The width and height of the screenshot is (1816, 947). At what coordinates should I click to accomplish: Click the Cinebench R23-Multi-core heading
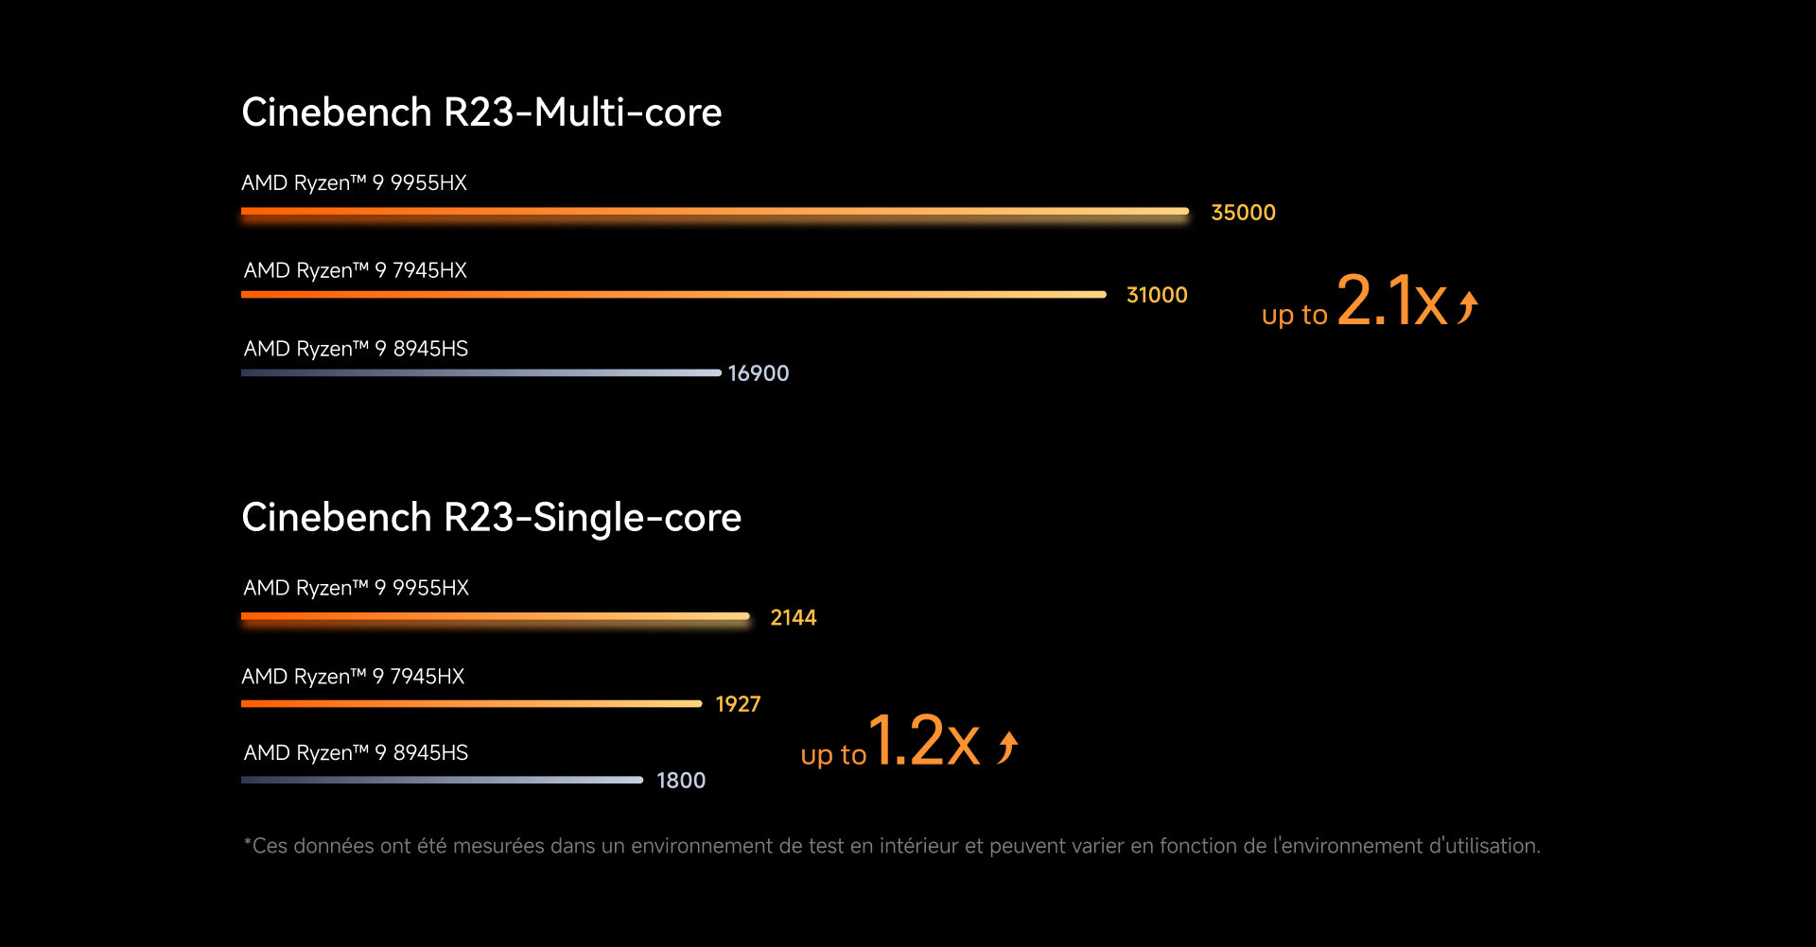tap(481, 112)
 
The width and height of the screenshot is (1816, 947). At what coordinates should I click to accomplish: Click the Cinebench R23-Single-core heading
tap(491, 518)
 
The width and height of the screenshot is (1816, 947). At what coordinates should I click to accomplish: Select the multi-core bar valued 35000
tap(714, 212)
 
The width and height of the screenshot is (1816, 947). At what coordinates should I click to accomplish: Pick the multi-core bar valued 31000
tap(673, 295)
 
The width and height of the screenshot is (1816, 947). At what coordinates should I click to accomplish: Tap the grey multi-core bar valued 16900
tap(480, 373)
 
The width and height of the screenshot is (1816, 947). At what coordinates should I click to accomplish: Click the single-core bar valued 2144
tap(496, 617)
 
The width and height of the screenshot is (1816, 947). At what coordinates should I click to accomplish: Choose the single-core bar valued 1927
tap(471, 704)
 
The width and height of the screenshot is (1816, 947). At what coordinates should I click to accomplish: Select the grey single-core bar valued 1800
tap(442, 781)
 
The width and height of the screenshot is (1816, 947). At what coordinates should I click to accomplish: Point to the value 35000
tap(1243, 213)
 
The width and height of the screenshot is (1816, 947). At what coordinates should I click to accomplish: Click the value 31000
tap(1157, 295)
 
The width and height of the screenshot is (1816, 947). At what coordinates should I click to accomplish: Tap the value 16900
tap(759, 373)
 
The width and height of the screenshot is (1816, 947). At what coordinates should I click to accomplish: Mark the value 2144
tap(793, 618)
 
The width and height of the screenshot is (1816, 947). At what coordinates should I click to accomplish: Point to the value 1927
tap(738, 704)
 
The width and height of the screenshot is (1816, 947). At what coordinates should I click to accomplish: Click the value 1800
tap(681, 781)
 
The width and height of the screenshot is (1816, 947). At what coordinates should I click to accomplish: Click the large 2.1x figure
tap(1391, 301)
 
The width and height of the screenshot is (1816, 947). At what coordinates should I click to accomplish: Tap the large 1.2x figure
tap(923, 740)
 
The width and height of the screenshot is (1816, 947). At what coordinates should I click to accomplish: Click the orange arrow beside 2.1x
tap(1468, 307)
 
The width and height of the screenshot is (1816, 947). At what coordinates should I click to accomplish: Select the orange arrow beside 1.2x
tap(1008, 747)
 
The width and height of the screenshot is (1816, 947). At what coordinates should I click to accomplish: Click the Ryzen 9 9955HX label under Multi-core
tap(354, 183)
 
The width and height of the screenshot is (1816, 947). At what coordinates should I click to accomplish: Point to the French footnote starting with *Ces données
tap(891, 846)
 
